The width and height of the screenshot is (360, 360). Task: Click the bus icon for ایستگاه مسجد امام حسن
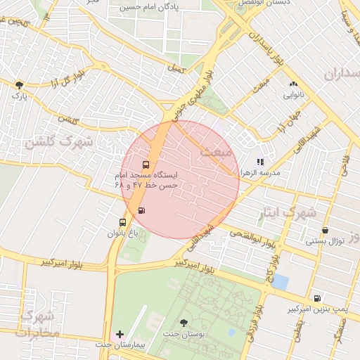(x=146, y=165)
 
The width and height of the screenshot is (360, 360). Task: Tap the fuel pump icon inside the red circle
(x=142, y=210)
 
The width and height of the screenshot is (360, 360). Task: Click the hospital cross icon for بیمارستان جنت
(x=120, y=333)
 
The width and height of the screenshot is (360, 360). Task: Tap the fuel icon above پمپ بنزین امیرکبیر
(x=317, y=298)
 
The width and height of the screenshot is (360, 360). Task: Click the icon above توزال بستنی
(x=325, y=230)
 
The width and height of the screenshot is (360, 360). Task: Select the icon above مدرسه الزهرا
(x=260, y=162)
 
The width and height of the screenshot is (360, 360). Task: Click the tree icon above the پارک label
(x=19, y=85)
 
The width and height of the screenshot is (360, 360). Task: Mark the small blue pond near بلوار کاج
(x=281, y=281)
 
